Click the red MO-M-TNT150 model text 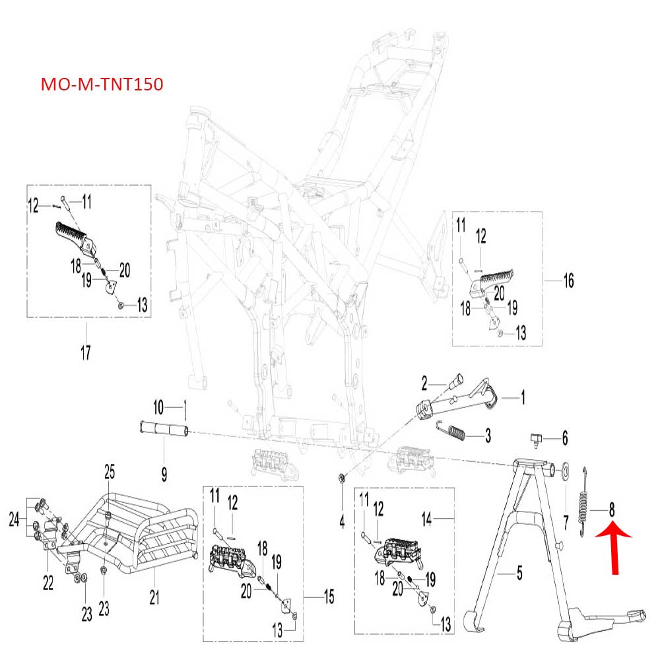coord(102,85)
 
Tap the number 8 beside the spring coord(612,509)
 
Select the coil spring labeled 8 coord(583,501)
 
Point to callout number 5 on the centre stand coord(519,574)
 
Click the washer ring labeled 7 coord(566,473)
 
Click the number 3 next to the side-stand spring coord(488,435)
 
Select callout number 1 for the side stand coord(523,397)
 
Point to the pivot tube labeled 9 coord(163,432)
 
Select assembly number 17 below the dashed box coord(85,352)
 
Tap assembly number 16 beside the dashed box coord(568,281)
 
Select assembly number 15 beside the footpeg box coord(328,598)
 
